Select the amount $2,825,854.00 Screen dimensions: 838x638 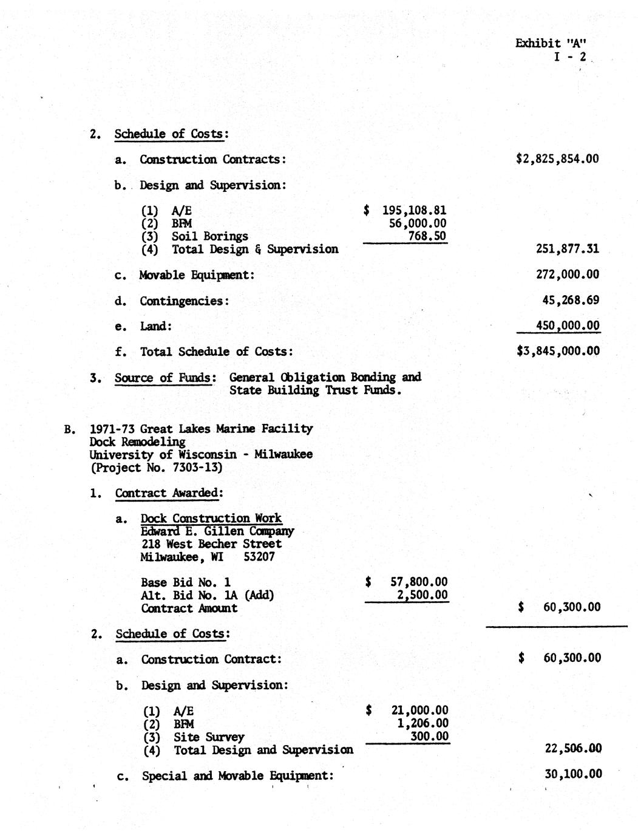tap(557, 159)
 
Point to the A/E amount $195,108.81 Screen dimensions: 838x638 tap(406, 210)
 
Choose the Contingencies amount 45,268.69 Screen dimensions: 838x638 tap(571, 300)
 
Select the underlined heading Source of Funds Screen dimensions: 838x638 tap(164, 378)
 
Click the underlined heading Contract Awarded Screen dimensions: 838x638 tap(166, 493)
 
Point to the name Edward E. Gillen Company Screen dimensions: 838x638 tap(217, 531)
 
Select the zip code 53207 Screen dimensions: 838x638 tap(259, 557)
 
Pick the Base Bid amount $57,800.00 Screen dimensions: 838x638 tap(407, 582)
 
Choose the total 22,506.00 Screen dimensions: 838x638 tap(574, 749)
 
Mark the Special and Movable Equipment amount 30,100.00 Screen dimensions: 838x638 tap(574, 774)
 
